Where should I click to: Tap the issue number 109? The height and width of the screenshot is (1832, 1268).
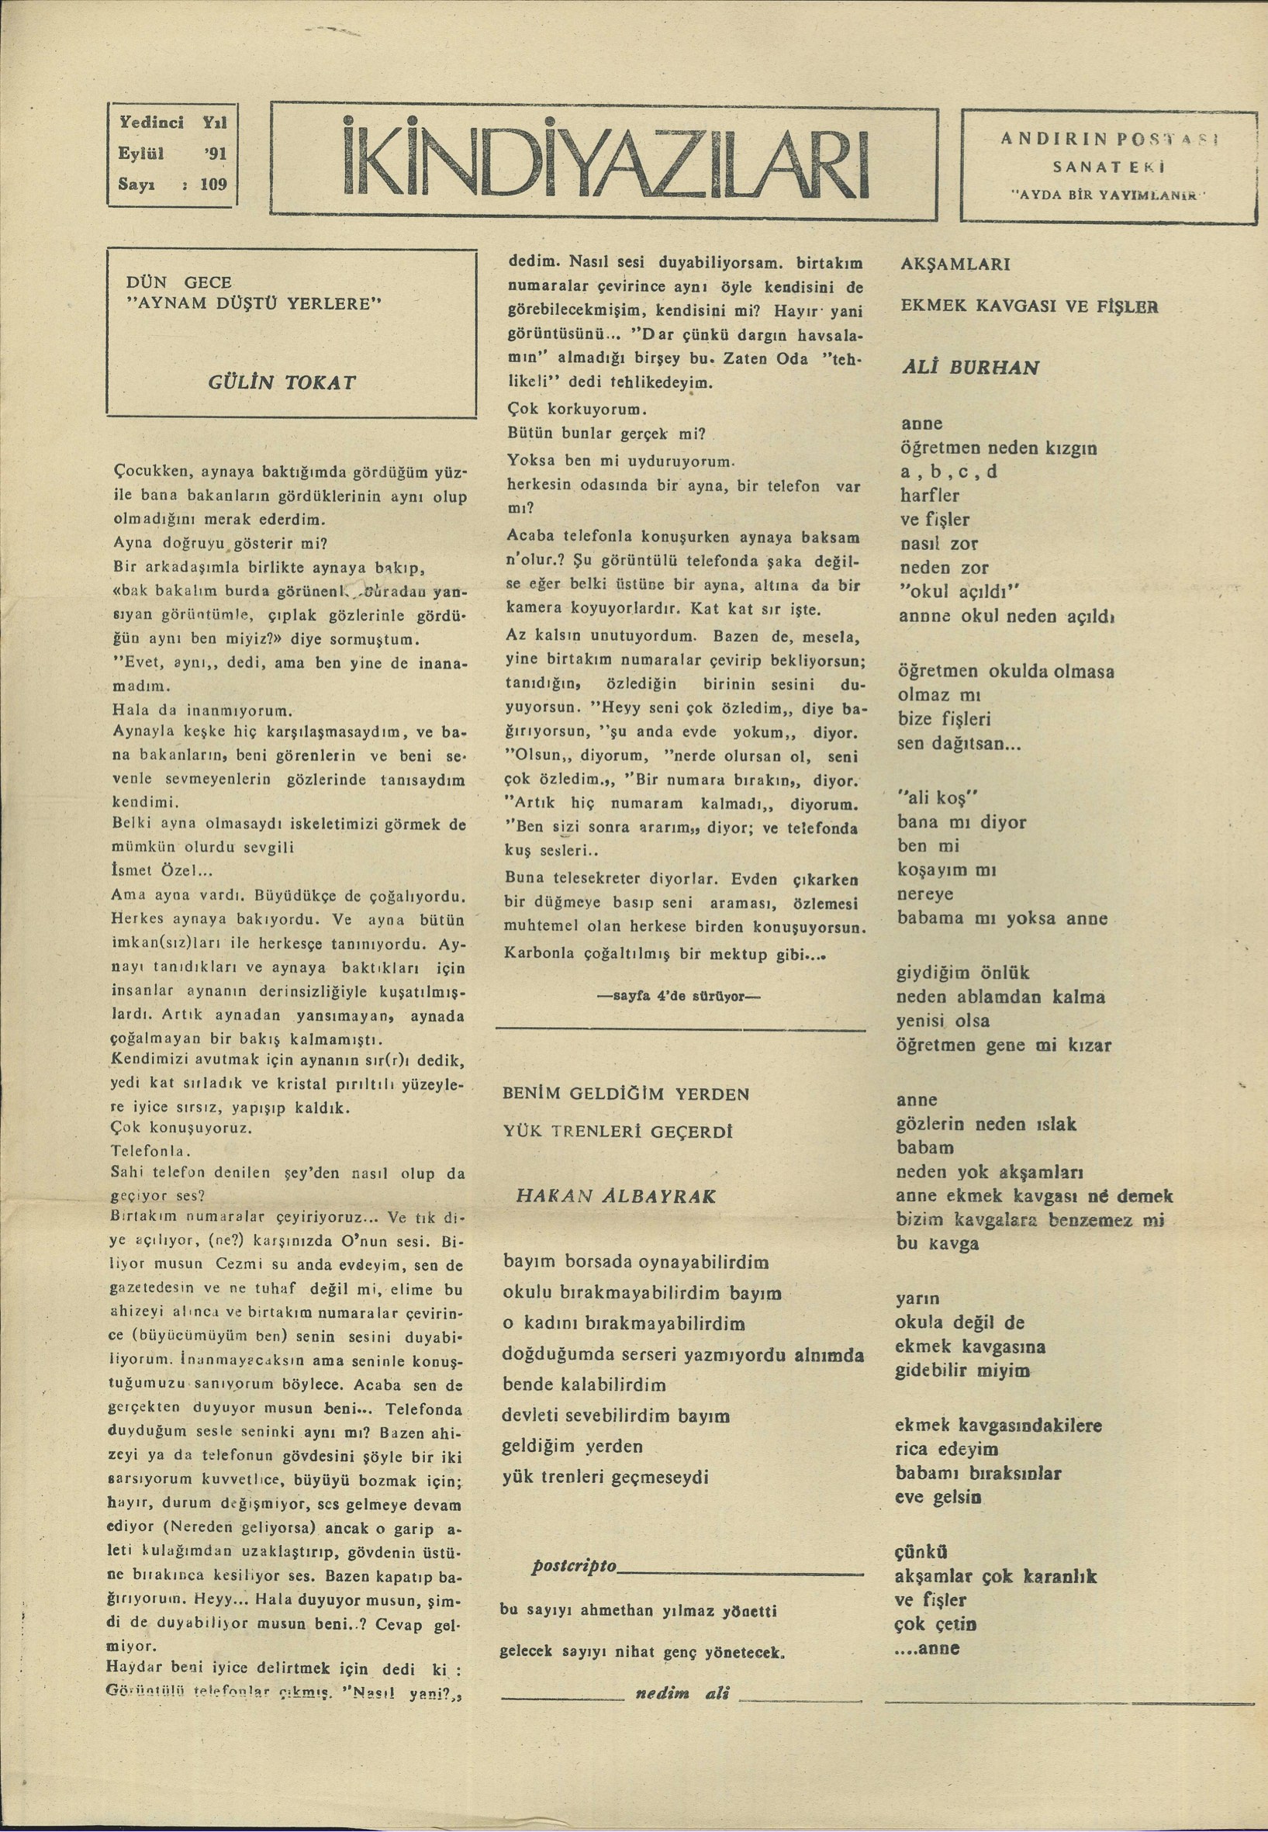click(x=214, y=184)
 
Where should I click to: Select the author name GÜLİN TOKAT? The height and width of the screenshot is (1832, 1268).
click(x=282, y=382)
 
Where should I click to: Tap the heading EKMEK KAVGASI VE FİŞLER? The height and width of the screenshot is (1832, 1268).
click(x=1029, y=306)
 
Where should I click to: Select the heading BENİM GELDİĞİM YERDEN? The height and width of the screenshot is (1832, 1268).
click(x=626, y=1093)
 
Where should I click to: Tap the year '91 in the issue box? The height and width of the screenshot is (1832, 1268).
click(x=215, y=154)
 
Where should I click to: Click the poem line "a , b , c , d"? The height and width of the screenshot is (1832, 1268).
click(x=948, y=471)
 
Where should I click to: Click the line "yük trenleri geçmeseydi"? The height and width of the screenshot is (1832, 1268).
click(x=606, y=1477)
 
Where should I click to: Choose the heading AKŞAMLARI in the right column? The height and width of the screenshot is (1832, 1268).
click(x=955, y=264)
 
